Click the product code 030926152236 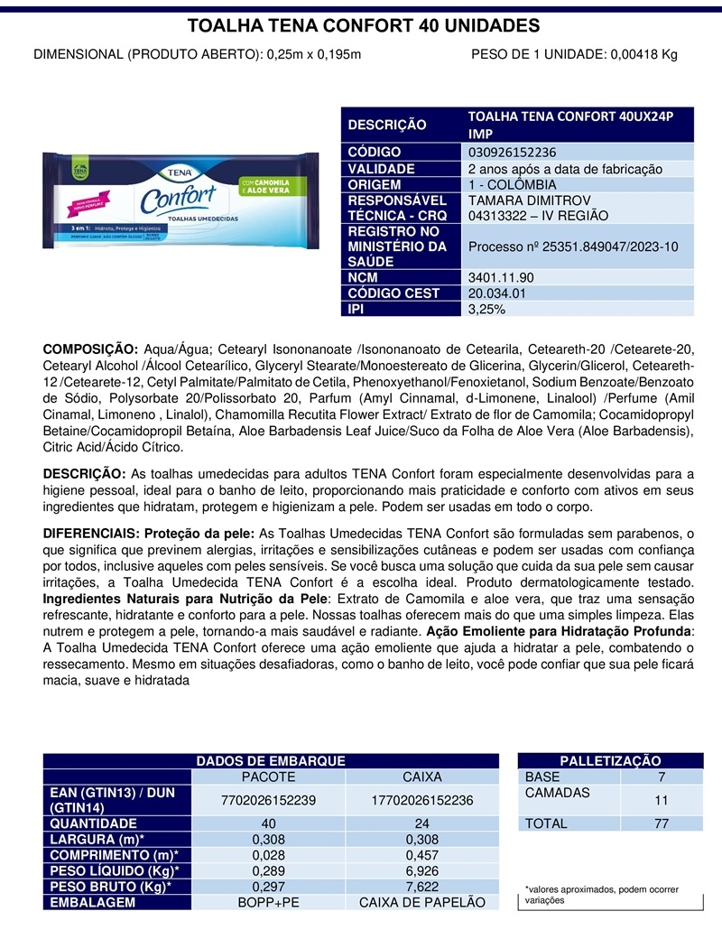click(512, 153)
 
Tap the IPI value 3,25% click(486, 309)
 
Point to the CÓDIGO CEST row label click(393, 293)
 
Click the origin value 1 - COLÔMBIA click(513, 184)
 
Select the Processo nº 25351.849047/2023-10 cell click(573, 246)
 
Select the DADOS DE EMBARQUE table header click(271, 762)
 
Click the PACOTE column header click(269, 777)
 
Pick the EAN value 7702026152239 click(269, 800)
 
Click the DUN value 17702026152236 click(422, 800)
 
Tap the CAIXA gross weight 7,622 click(422, 887)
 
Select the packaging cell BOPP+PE click(269, 902)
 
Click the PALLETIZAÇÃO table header click(610, 762)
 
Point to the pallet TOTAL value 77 click(662, 823)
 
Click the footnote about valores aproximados click(600, 895)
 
